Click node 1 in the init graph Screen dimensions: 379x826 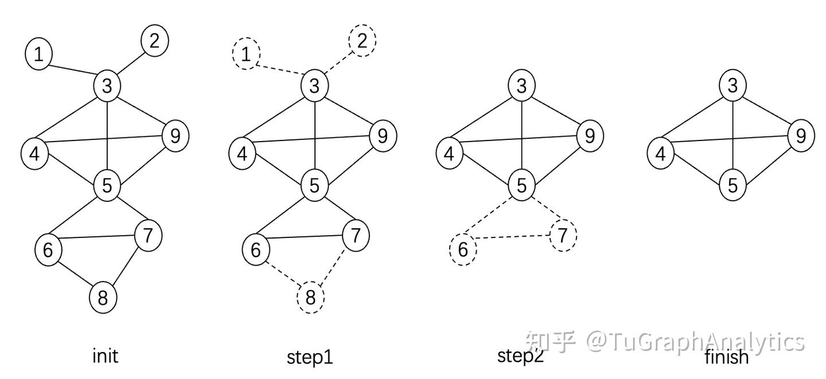[38, 54]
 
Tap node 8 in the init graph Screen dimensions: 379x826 [103, 298]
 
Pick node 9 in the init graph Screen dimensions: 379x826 [176, 136]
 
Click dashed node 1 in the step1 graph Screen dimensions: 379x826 [246, 54]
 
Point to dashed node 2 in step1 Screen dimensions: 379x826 [362, 41]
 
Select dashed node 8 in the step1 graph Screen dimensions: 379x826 [311, 298]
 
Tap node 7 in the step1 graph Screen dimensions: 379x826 [355, 235]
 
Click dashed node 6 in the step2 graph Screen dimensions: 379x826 [462, 249]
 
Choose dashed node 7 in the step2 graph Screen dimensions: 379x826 [563, 235]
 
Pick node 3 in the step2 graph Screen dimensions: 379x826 [521, 86]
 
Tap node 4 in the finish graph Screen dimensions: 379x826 [661, 154]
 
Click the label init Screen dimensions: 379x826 [105, 356]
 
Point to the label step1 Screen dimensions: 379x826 [310, 357]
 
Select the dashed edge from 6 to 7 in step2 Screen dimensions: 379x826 [513, 236]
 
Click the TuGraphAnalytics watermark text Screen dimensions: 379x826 [694, 342]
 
